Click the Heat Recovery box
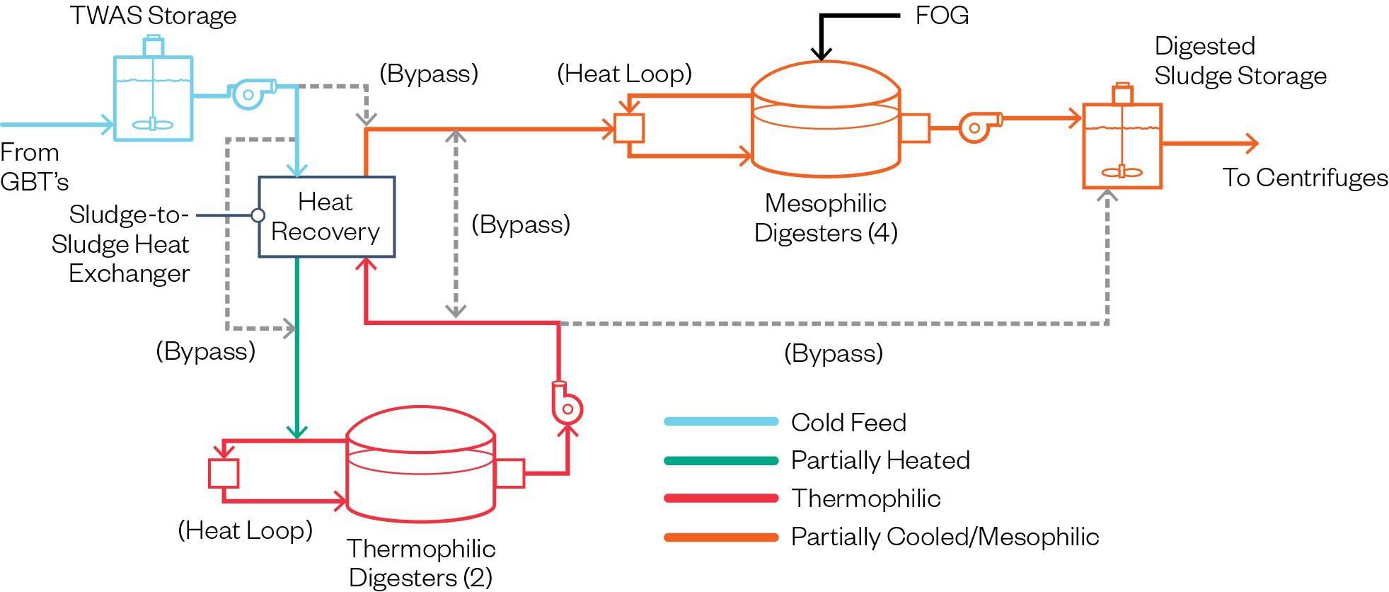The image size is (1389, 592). click(326, 217)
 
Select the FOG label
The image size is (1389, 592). click(941, 16)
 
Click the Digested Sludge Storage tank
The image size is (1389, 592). click(1122, 145)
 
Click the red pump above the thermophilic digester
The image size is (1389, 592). click(567, 405)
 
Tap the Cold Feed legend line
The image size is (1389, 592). click(720, 422)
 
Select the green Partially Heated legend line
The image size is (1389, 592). click(720, 460)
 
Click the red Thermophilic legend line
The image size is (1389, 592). click(720, 499)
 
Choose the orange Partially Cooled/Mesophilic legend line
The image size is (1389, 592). click(720, 537)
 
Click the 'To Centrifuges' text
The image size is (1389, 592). click(1305, 178)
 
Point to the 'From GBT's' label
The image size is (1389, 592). click(33, 167)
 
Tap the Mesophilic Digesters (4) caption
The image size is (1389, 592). click(826, 218)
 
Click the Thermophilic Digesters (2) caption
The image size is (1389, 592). click(421, 563)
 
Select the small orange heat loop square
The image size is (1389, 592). click(628, 128)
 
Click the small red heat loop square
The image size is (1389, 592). click(224, 473)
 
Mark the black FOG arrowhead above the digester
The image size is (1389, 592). click(822, 53)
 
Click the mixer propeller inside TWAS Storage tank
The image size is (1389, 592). click(153, 125)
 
